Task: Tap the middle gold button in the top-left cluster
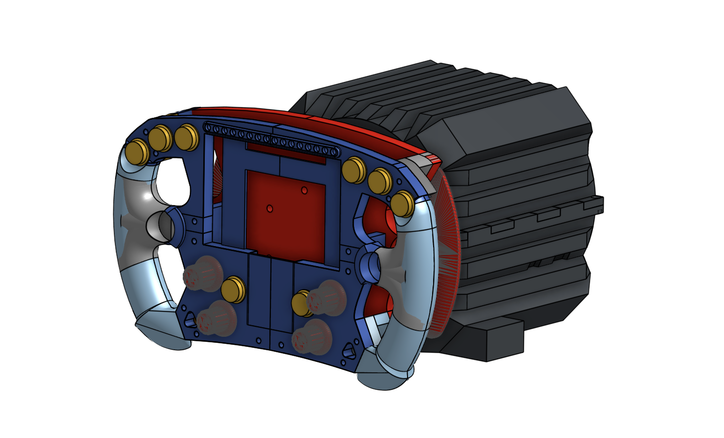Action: click(160, 138)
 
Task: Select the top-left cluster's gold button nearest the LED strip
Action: click(186, 137)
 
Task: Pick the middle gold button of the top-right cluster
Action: click(379, 181)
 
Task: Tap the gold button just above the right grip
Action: click(402, 204)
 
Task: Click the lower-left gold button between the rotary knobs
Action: click(232, 290)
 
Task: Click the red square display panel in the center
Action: click(285, 210)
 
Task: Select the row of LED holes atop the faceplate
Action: click(270, 138)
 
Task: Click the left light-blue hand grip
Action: click(138, 251)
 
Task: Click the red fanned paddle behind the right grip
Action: click(446, 251)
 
